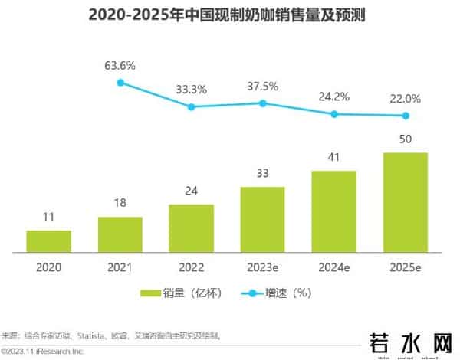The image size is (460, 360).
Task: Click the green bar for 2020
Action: point(48,241)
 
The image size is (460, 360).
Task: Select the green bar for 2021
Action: point(120,234)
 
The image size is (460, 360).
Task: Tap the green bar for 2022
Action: point(191,228)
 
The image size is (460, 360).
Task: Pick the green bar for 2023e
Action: point(262,219)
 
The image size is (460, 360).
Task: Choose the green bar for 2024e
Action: point(333,211)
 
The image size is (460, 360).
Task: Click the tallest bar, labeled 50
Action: point(405,202)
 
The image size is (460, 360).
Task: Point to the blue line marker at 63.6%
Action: point(120,82)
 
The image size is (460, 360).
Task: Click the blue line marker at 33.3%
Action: point(192,107)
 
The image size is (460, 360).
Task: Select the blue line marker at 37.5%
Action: point(262,103)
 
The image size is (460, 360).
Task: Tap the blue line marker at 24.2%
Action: point(333,114)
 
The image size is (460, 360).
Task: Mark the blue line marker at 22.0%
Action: point(405,116)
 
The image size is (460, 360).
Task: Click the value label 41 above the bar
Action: point(333,158)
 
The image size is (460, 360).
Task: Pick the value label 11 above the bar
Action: point(48,218)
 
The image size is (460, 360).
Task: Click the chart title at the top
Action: point(229,15)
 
